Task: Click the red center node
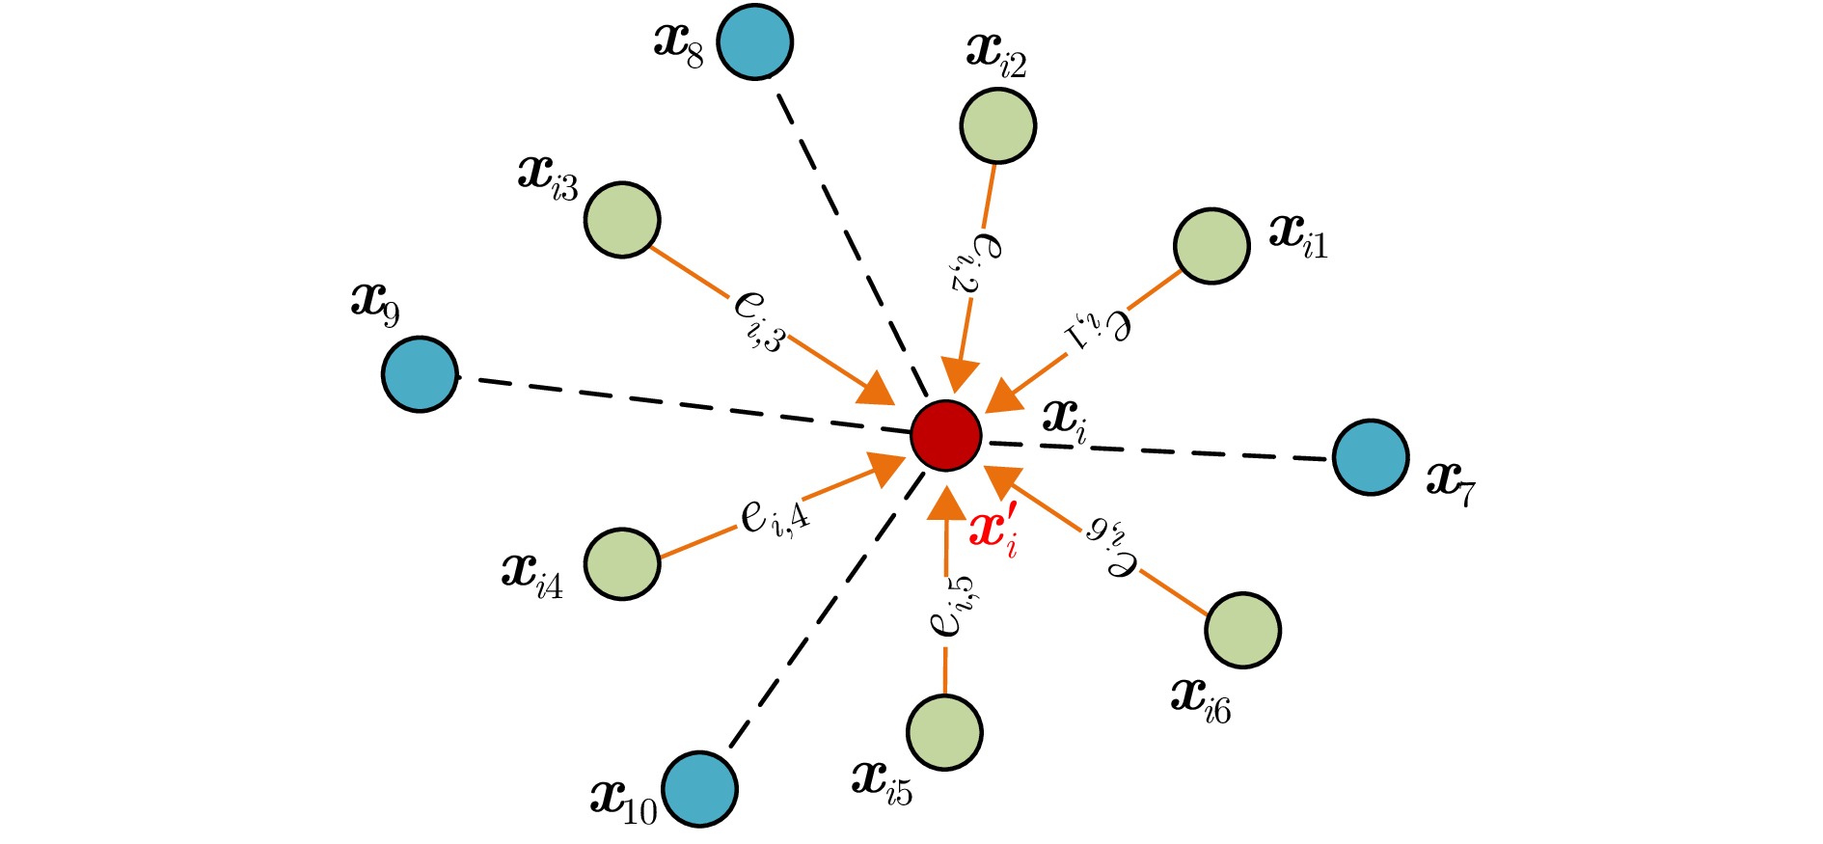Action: pyautogui.click(x=946, y=436)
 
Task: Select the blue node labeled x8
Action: pyautogui.click(x=755, y=41)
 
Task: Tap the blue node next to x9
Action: pyautogui.click(x=420, y=374)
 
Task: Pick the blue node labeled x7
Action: pyautogui.click(x=1371, y=457)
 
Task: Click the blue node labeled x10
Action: pyautogui.click(x=700, y=789)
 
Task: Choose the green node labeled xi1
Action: pyautogui.click(x=1212, y=246)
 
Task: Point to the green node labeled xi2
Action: pyautogui.click(x=998, y=125)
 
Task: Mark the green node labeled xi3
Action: pyautogui.click(x=622, y=220)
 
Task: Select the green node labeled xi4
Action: pyautogui.click(x=622, y=564)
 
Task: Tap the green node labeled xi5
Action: pyautogui.click(x=944, y=732)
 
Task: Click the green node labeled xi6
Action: pyautogui.click(x=1242, y=630)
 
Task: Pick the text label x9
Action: pyautogui.click(x=375, y=304)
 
